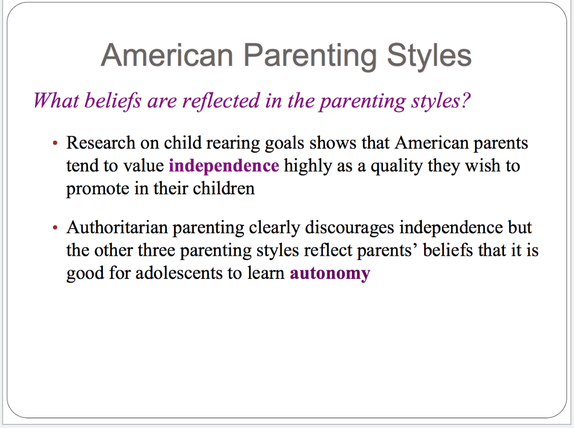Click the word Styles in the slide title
click(429, 56)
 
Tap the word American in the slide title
click(167, 55)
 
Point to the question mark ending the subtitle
click(465, 100)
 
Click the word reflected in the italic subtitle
click(221, 100)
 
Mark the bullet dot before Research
click(55, 143)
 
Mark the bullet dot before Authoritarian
click(55, 227)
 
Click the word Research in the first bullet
click(100, 142)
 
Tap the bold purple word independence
click(224, 166)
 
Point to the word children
click(224, 188)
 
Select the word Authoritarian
click(117, 227)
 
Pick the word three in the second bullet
click(156, 250)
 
